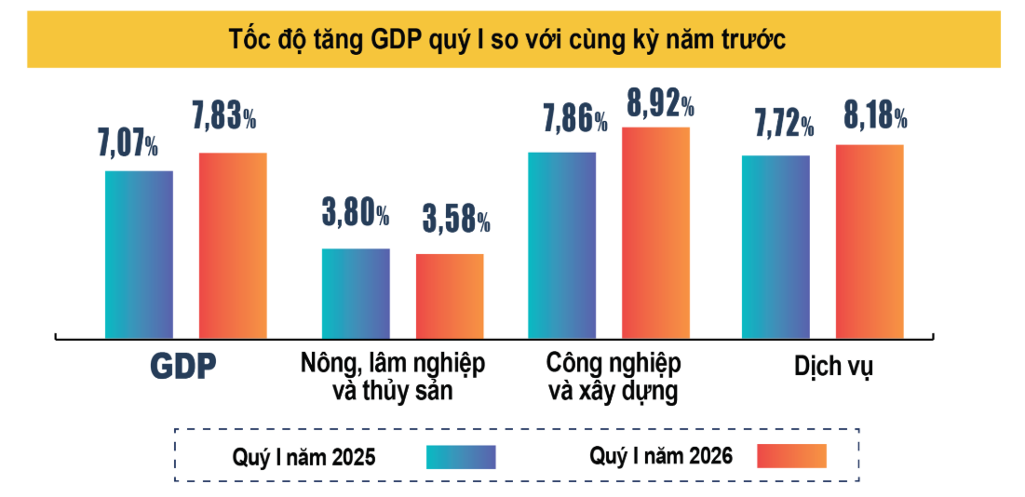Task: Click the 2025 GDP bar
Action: click(139, 254)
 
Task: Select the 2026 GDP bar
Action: click(233, 245)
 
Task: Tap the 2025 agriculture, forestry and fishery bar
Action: click(356, 293)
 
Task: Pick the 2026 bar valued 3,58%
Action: click(450, 296)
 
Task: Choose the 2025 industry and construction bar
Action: click(561, 245)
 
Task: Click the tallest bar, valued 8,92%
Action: click(655, 233)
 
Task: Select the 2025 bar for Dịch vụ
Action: click(775, 247)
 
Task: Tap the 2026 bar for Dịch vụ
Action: click(870, 241)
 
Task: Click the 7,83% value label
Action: click(223, 117)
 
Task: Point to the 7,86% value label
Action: click(574, 120)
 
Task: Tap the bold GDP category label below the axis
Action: click(183, 365)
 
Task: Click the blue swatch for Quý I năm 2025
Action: click(461, 456)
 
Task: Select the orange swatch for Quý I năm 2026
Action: click(791, 456)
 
